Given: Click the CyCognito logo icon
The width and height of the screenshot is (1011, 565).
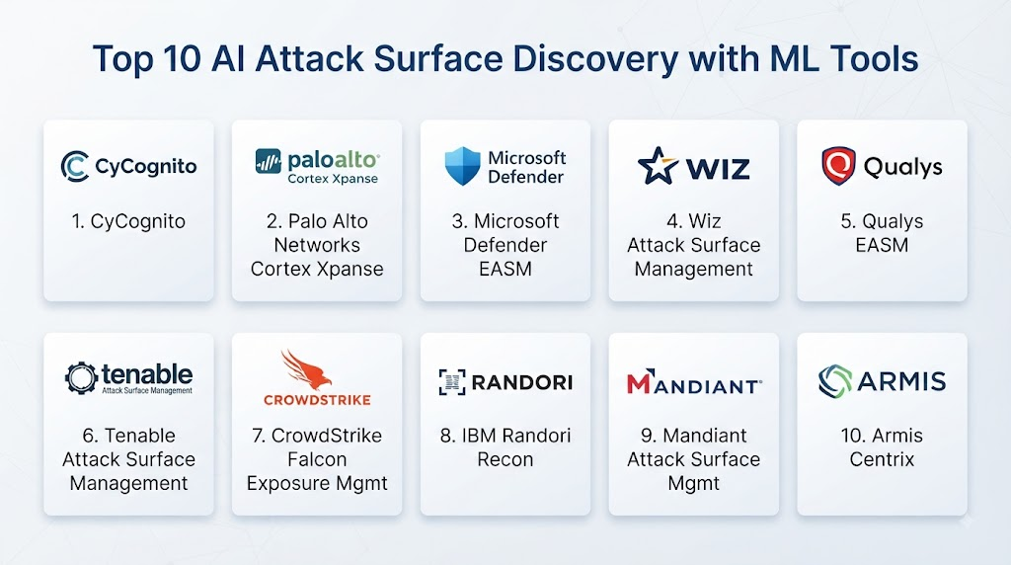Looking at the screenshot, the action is (x=75, y=166).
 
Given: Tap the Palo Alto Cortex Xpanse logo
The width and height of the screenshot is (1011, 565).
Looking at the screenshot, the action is (x=317, y=166).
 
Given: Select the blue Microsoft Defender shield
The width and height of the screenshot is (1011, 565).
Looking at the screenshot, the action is (x=462, y=166).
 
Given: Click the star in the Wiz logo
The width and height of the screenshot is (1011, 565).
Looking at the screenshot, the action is (x=658, y=166).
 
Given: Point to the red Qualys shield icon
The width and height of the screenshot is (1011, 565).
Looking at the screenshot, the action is (x=838, y=166).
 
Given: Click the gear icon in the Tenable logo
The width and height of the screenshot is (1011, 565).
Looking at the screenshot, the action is (x=81, y=377).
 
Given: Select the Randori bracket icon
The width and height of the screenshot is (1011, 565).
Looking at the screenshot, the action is (x=452, y=382).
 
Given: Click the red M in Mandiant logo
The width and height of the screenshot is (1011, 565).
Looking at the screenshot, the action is (x=640, y=382).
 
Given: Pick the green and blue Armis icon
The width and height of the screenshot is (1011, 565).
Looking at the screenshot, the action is (x=835, y=380).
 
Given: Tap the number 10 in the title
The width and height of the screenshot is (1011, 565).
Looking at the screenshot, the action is (x=183, y=58).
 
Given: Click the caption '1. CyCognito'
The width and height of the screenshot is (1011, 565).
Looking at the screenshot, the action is (x=128, y=221).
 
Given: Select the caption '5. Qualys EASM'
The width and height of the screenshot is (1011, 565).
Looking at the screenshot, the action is (x=882, y=233).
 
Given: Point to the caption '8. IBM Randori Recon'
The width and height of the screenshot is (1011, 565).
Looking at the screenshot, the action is (x=505, y=447).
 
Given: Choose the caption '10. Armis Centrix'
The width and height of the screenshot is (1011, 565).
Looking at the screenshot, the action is (x=882, y=447).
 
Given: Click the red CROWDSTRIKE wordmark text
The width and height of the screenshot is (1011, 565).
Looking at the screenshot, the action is (x=317, y=400).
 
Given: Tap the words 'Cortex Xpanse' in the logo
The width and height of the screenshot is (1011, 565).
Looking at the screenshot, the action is (x=333, y=179).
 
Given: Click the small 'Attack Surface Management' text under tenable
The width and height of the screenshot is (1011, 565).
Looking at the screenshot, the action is (x=147, y=390).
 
